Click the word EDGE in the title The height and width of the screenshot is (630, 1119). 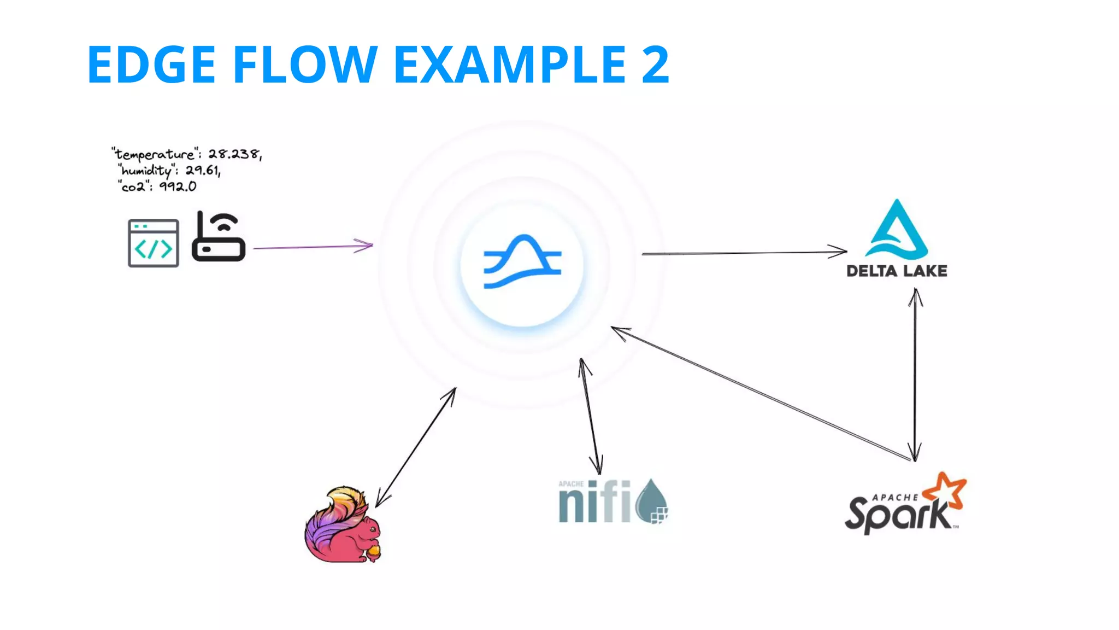pos(151,65)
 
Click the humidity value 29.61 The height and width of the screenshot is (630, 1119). pos(202,171)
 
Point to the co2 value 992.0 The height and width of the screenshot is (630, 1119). pos(177,186)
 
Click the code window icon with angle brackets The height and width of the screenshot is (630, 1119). pos(154,243)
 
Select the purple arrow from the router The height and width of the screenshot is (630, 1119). pos(311,247)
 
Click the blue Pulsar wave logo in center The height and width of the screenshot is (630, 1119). pos(522,261)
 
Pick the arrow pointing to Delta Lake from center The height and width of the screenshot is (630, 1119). pos(743,253)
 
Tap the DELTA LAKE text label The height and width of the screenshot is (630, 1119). pos(897,271)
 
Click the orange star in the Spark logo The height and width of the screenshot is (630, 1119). pos(946,489)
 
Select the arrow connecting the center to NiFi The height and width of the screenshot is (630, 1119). pos(591,416)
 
